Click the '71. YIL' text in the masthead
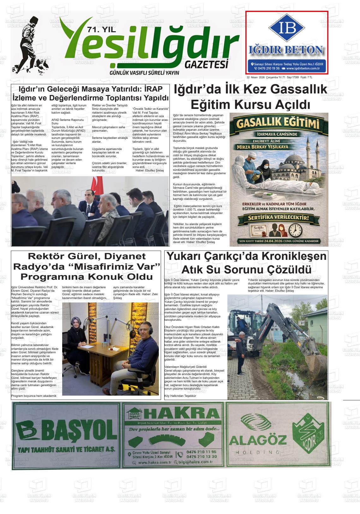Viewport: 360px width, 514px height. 102,30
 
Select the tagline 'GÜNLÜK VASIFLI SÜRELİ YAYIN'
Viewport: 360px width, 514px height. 144,73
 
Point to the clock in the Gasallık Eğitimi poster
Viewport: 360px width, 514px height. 295,230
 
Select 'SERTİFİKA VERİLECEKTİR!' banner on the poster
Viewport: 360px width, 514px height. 278,218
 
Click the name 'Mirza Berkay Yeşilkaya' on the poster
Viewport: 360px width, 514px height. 262,147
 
